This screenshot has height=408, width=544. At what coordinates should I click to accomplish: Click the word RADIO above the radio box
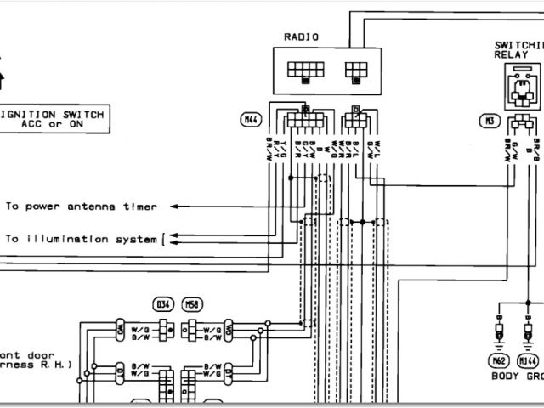pyautogui.click(x=302, y=38)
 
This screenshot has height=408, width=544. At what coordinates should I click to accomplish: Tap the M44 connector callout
pyautogui.click(x=250, y=121)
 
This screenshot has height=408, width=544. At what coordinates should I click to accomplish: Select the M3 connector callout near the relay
pyautogui.click(x=489, y=121)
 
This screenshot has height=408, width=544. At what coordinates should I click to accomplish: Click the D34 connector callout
pyautogui.click(x=161, y=303)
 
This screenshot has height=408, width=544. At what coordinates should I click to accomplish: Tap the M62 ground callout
pyautogui.click(x=498, y=359)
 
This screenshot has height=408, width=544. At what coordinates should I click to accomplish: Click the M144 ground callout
pyautogui.click(x=529, y=359)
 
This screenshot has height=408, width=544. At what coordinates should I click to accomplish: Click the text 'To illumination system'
pyautogui.click(x=82, y=239)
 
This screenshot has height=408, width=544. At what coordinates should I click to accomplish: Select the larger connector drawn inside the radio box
pyautogui.click(x=304, y=70)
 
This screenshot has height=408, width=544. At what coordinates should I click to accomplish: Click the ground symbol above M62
pyautogui.click(x=498, y=335)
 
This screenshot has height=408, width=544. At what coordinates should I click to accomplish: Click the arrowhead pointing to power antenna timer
pyautogui.click(x=173, y=206)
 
